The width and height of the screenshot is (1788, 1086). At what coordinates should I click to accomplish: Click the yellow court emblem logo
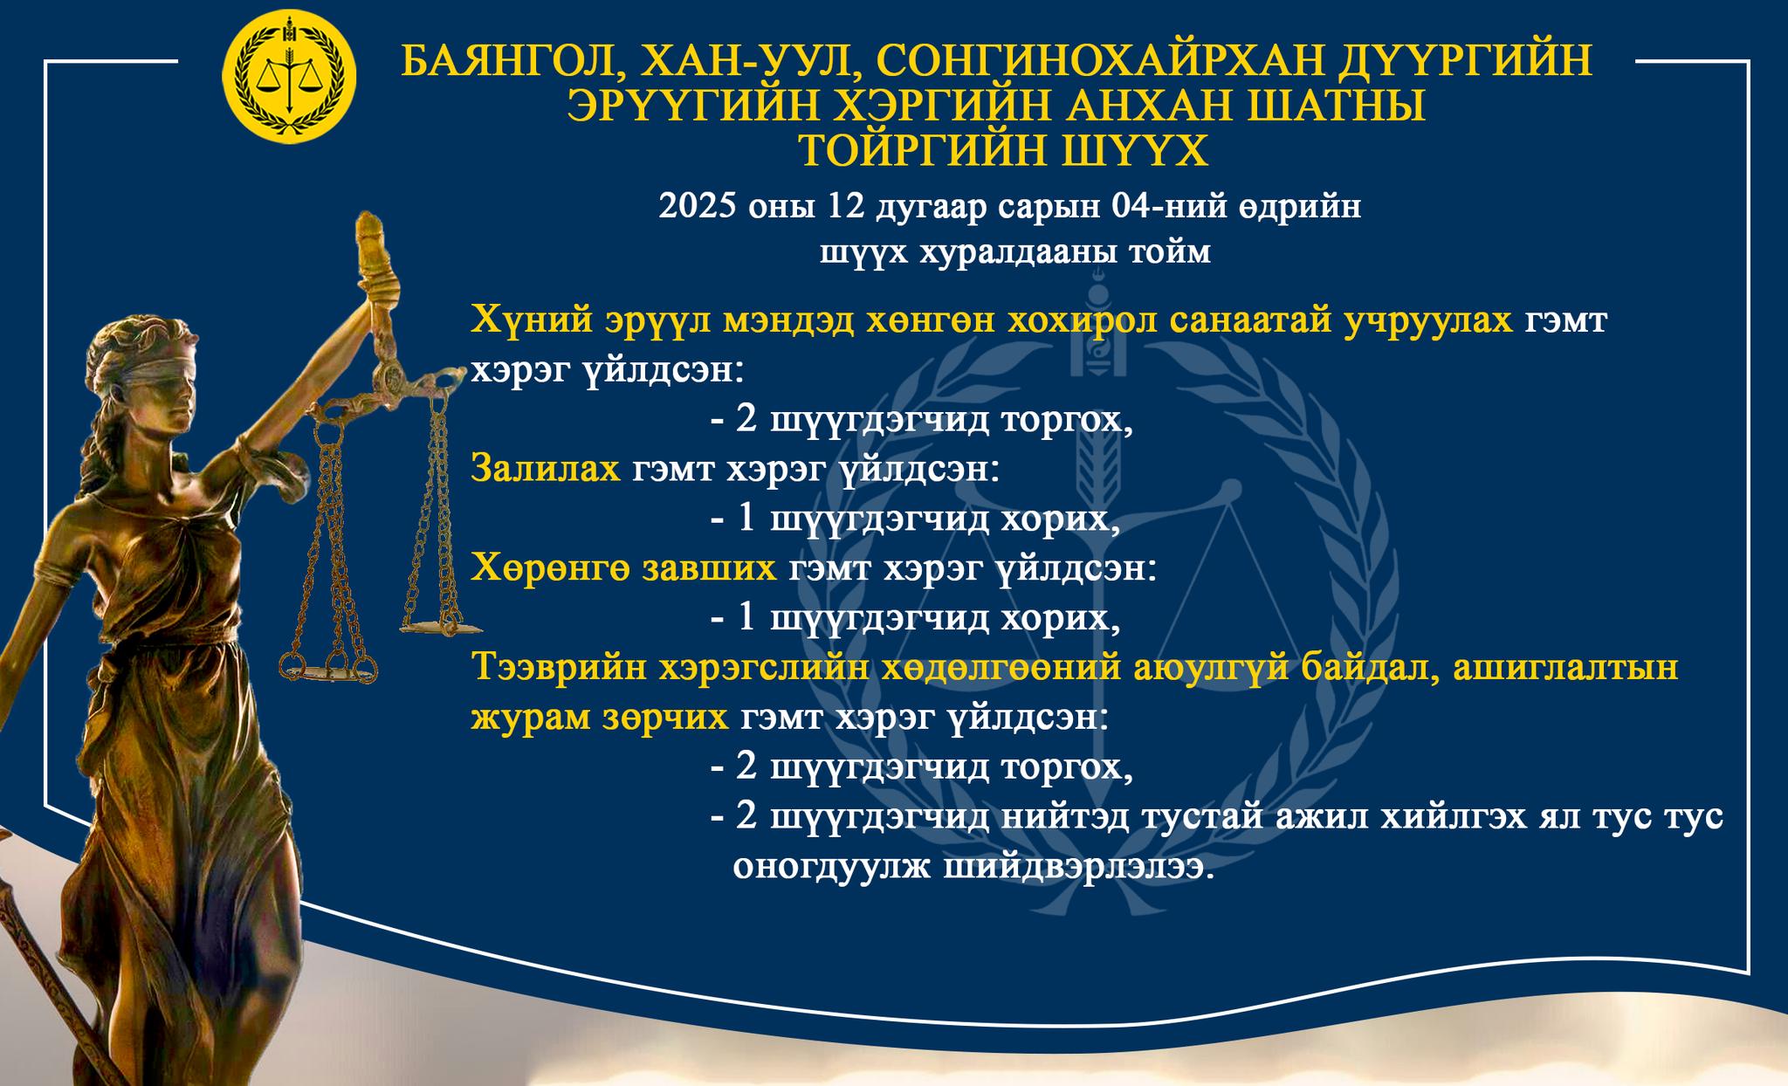[x=290, y=78]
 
